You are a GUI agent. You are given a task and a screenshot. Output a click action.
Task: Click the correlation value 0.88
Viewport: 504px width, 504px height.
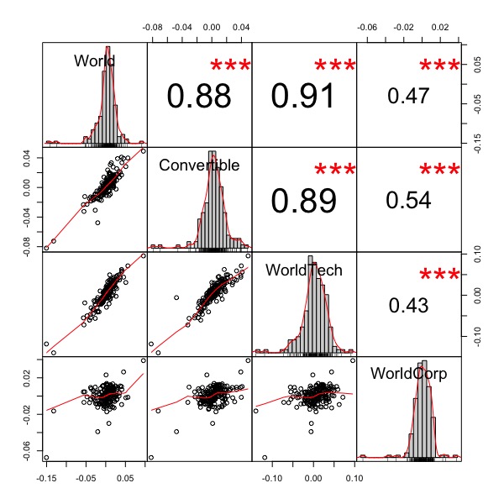[199, 97]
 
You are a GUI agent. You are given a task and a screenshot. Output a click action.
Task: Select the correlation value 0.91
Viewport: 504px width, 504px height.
[303, 97]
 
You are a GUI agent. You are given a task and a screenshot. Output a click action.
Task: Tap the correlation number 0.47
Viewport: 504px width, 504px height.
[408, 96]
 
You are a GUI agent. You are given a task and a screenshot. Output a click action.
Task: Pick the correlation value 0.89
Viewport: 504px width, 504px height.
[303, 201]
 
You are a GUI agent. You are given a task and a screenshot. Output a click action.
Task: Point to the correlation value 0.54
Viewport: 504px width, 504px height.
[408, 200]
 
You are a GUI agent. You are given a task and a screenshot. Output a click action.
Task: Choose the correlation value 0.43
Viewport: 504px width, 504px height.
[408, 305]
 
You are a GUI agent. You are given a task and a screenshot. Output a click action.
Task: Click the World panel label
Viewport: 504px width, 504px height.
[94, 61]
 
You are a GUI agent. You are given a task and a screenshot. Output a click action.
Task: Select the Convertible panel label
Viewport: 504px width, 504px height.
[199, 165]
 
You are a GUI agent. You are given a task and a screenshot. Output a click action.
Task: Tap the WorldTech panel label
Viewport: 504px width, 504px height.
[303, 270]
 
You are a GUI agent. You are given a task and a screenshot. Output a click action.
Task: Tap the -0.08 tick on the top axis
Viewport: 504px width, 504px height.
[154, 27]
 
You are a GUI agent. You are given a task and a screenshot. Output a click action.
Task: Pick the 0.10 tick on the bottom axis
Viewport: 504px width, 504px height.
[354, 479]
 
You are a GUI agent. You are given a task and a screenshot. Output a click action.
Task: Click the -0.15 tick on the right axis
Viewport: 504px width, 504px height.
[477, 139]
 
